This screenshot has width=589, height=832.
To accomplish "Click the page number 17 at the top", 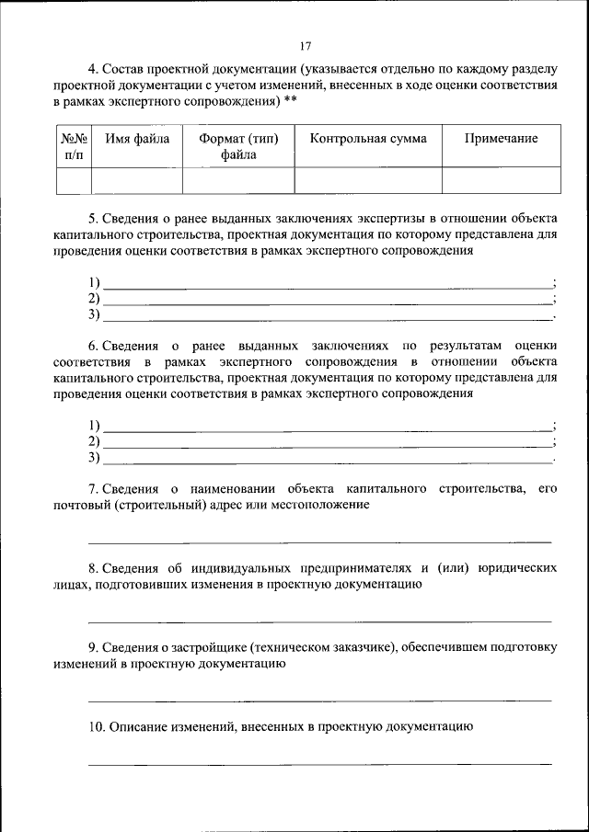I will pyautogui.click(x=306, y=46).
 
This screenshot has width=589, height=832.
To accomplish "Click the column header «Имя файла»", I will pyautogui.click(x=137, y=139).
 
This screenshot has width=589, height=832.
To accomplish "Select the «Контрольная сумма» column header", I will pyautogui.click(x=368, y=139).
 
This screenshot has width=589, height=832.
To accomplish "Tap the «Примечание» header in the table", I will pyautogui.click(x=501, y=139).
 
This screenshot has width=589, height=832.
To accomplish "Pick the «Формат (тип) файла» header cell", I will pyautogui.click(x=238, y=146).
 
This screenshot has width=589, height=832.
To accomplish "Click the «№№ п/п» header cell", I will pyautogui.click(x=74, y=146).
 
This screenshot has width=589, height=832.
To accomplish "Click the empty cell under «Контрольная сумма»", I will pyautogui.click(x=368, y=180).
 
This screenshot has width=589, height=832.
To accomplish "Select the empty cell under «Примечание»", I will pyautogui.click(x=501, y=180).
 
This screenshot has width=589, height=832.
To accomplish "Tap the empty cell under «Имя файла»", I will pyautogui.click(x=137, y=180).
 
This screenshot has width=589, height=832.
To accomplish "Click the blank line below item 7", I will pyautogui.click(x=319, y=541).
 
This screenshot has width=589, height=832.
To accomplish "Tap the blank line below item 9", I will pyautogui.click(x=319, y=700).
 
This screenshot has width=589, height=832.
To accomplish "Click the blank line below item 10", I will pyautogui.click(x=319, y=763).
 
